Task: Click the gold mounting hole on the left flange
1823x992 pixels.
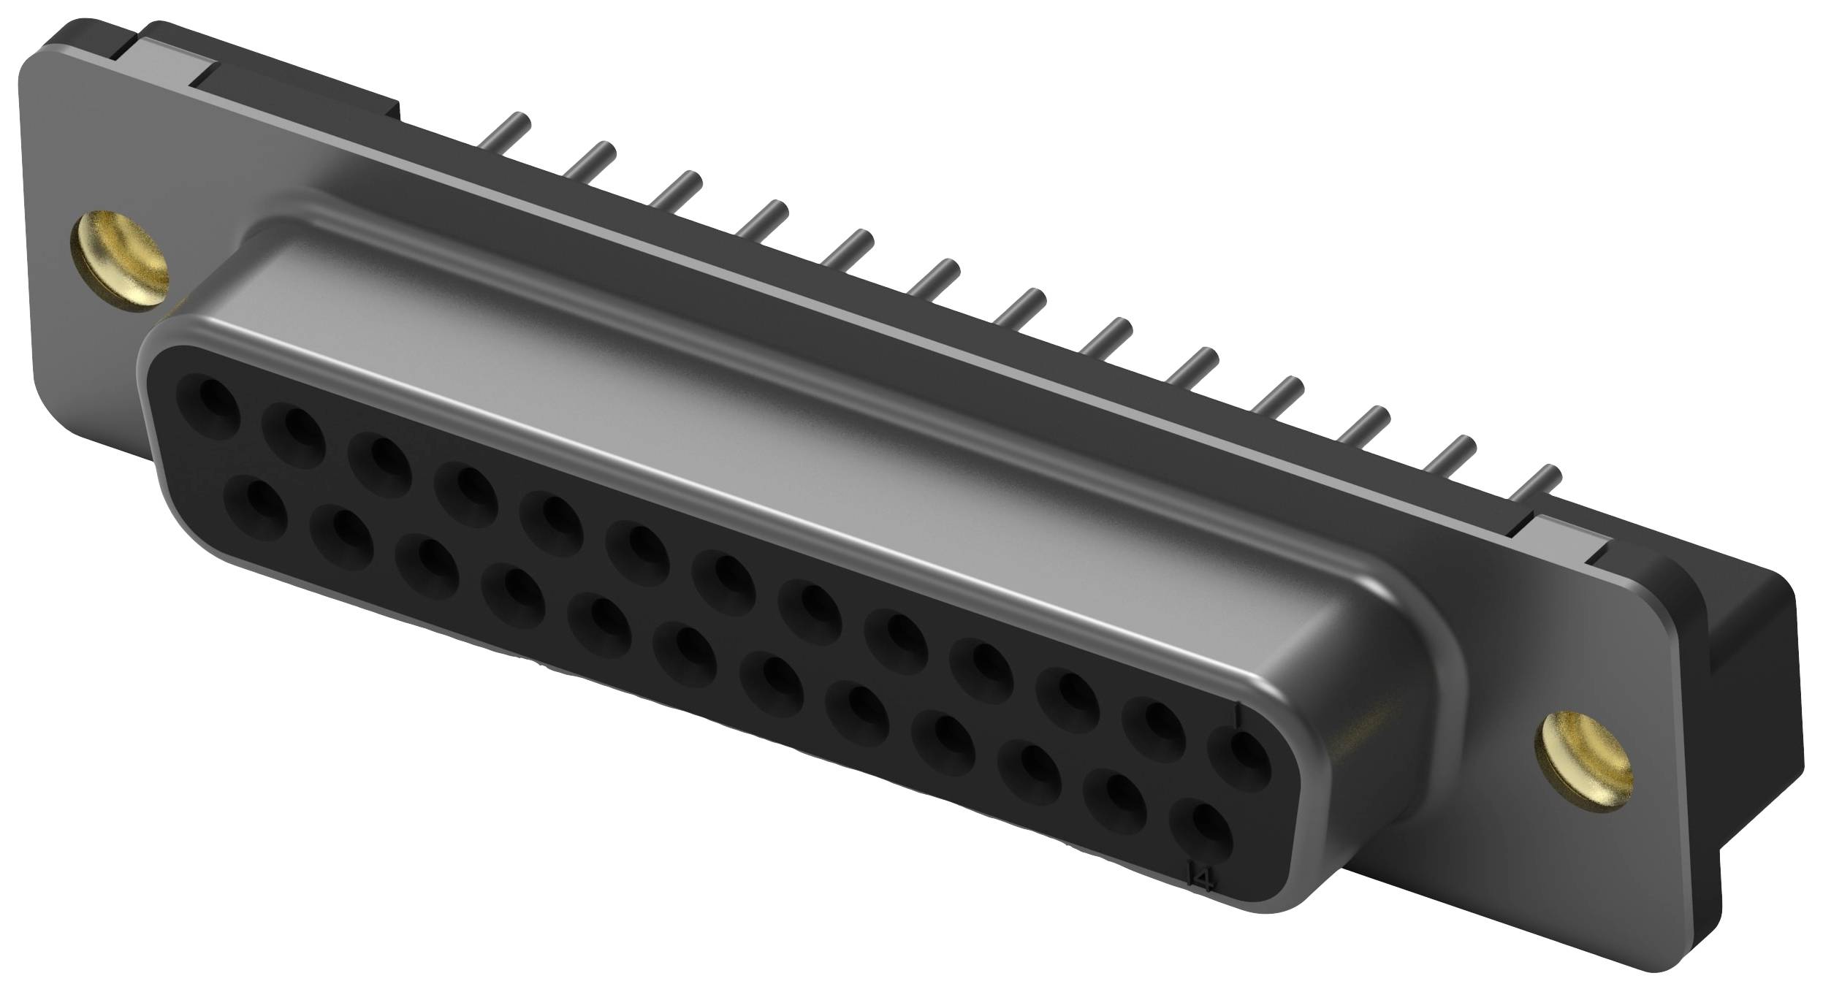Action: click(118, 262)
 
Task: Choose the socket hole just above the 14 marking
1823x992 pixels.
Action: click(1199, 849)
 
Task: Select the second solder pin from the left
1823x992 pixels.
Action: click(591, 161)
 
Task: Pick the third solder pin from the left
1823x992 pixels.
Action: click(676, 191)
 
